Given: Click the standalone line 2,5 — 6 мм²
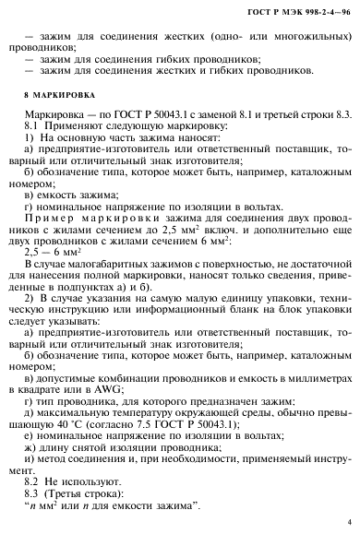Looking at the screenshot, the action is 57,250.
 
